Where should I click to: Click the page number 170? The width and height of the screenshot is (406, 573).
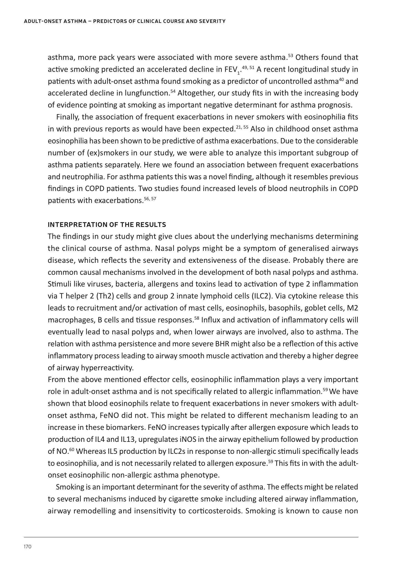click(28, 547)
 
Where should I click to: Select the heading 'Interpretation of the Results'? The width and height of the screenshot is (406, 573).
click(107, 225)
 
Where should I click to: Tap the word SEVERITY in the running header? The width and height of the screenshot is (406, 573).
click(214, 21)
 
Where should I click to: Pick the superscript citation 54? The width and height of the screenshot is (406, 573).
click(174, 91)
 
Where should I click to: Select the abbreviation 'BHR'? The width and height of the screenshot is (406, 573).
click(222, 344)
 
